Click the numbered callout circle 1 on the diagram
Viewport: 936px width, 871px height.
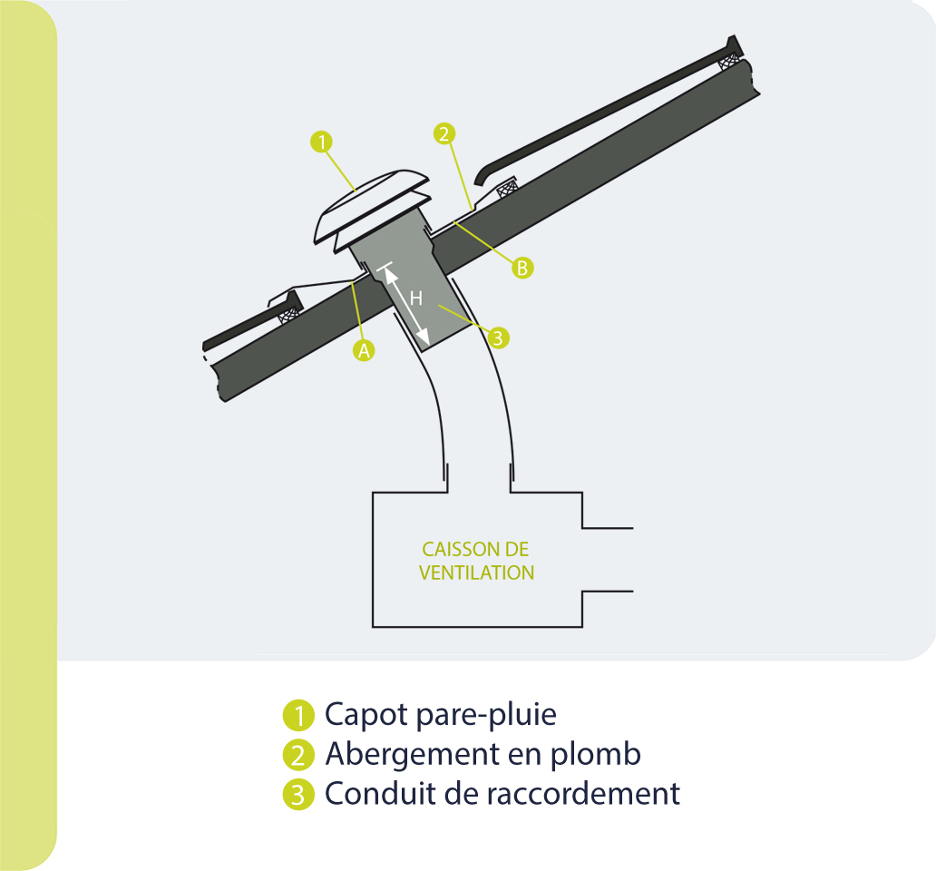(321, 142)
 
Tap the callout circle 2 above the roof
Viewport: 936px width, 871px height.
(444, 134)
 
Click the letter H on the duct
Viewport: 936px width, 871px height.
(416, 298)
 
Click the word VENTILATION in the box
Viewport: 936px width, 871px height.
(476, 573)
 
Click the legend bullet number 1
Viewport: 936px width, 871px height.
(297, 715)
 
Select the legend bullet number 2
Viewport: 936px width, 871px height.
(297, 754)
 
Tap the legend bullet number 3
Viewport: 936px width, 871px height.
(297, 794)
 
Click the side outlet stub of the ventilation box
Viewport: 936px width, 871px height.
(606, 559)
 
